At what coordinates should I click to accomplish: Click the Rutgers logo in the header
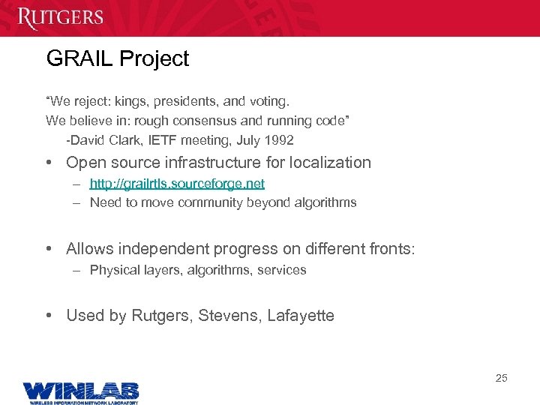(60, 17)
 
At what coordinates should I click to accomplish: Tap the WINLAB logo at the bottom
(80, 391)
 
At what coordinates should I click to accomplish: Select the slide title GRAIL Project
(118, 59)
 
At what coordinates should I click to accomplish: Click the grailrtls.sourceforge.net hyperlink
(177, 183)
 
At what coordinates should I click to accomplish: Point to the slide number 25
(501, 378)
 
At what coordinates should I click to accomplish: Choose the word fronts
(389, 249)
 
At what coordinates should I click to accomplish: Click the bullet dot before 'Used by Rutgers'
(49, 316)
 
